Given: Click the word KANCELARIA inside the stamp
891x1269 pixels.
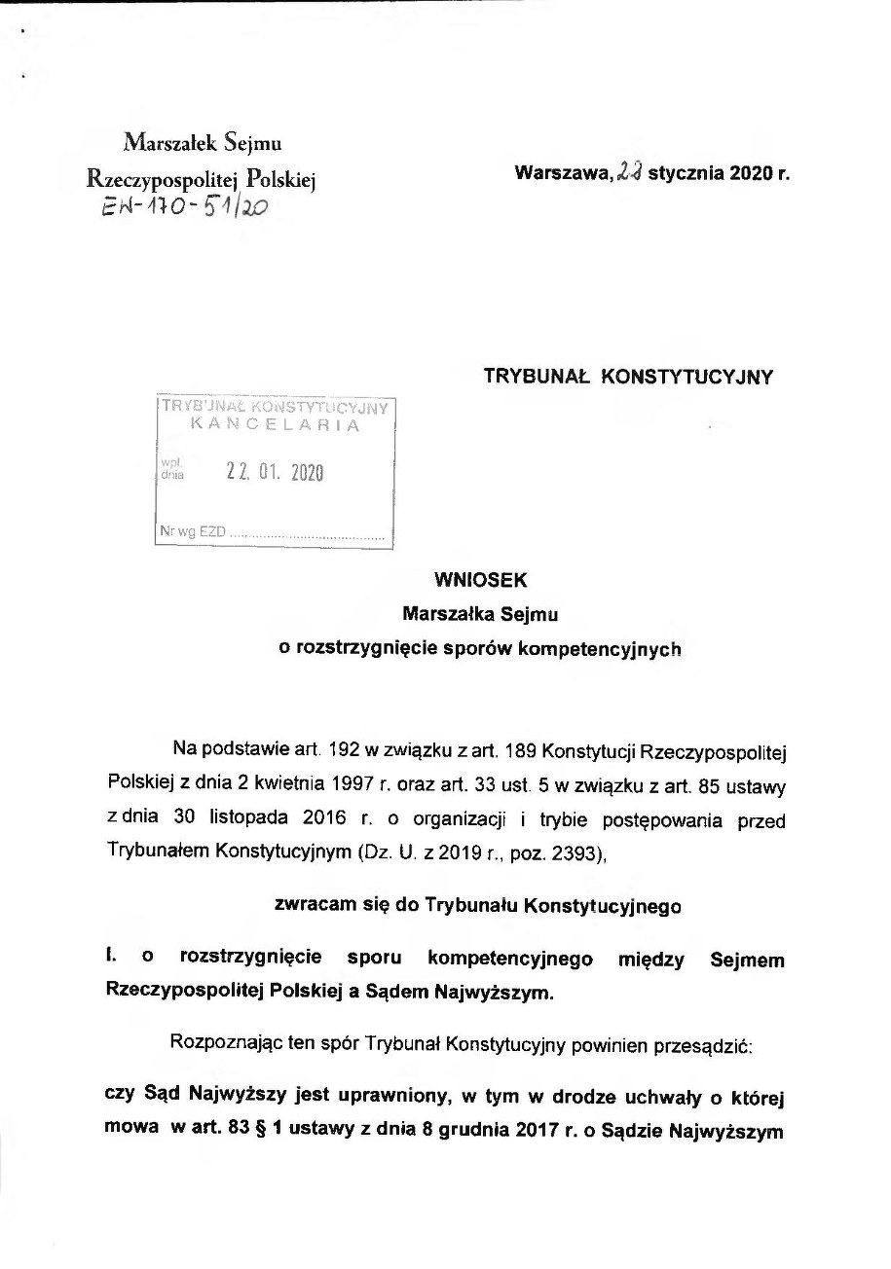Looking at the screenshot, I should click(275, 425).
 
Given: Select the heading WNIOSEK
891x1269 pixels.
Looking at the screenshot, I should click(481, 580).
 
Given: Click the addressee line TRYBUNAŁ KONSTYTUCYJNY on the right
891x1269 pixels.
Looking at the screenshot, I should click(628, 378).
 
